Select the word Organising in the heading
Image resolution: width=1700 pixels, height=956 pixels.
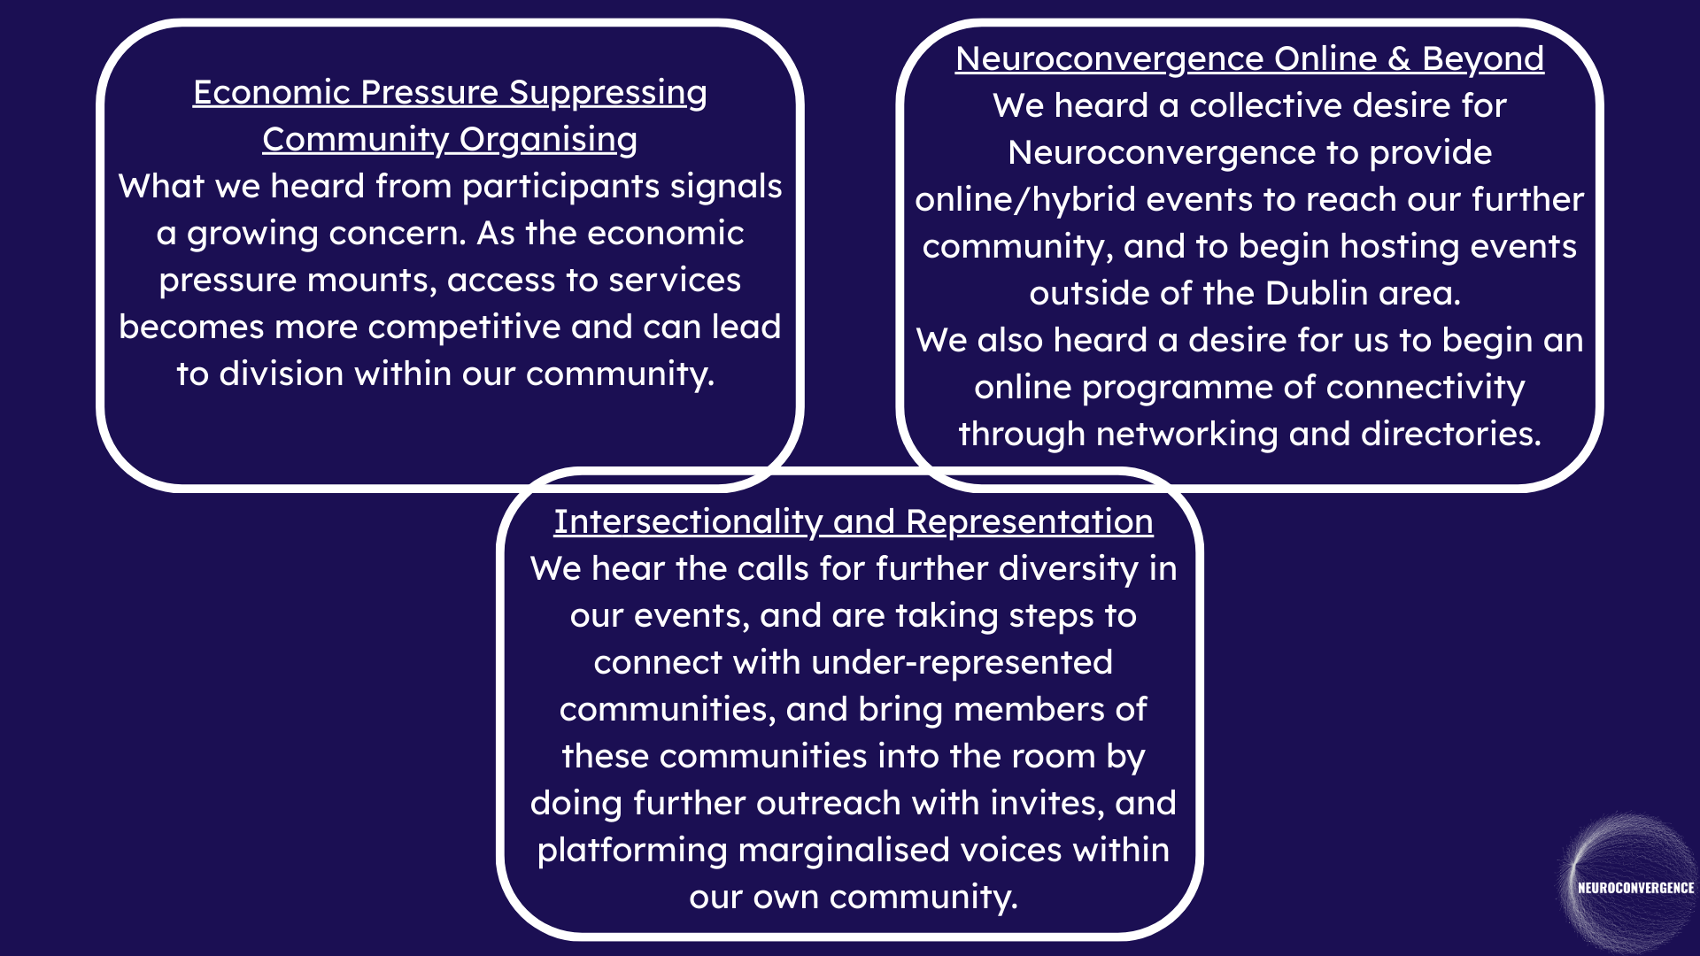pyautogui.click(x=548, y=140)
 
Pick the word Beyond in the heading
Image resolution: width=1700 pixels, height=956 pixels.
pyautogui.click(x=1483, y=59)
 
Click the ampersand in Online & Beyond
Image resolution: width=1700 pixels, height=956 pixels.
pyautogui.click(x=1399, y=59)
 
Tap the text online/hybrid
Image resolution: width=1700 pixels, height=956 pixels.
pyautogui.click(x=1024, y=200)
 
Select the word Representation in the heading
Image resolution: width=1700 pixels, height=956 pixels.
pyautogui.click(x=1030, y=522)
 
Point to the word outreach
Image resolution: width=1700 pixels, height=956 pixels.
pyautogui.click(x=828, y=804)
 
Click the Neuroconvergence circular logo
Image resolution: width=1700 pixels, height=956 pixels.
pyautogui.click(x=1633, y=885)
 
